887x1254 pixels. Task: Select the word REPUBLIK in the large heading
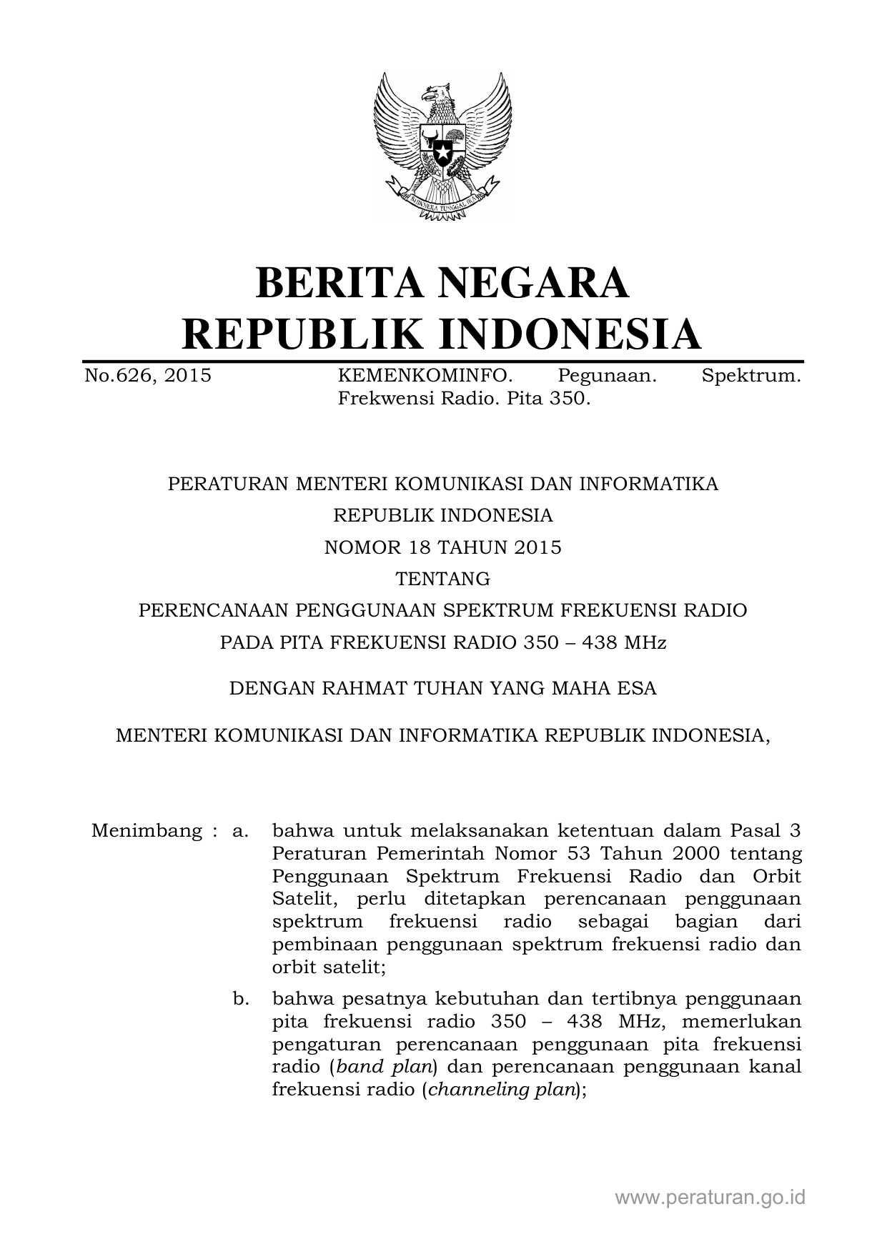coord(301,334)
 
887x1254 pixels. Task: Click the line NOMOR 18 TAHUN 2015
coord(443,547)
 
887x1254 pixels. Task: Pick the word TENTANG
coord(443,579)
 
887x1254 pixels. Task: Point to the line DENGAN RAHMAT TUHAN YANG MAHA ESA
coord(442,688)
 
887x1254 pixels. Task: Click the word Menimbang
coord(147,831)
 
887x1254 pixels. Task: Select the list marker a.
coord(240,831)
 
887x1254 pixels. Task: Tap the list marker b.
coord(241,998)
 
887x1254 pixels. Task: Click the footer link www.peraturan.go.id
coord(710,1198)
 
